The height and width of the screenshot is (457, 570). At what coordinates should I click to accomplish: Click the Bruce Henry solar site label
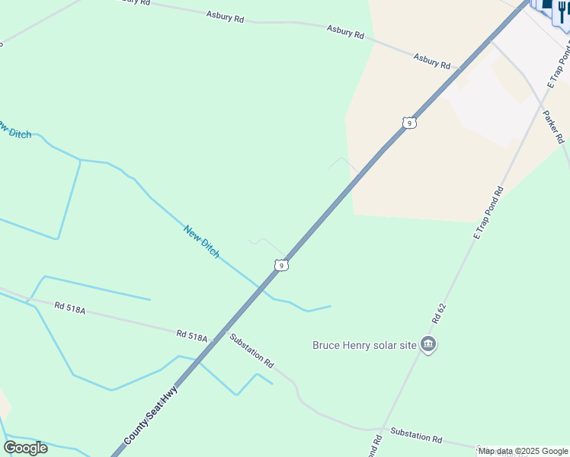point(365,345)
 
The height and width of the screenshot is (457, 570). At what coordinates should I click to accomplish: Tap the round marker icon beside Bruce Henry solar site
point(429,345)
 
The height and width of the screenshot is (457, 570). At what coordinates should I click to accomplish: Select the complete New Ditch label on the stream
point(201,241)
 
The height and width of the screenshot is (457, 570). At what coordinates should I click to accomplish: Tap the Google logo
point(26,447)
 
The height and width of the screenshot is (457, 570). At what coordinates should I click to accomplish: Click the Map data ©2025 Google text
point(523,451)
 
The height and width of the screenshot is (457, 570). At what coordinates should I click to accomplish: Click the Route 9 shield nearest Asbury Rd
point(409,123)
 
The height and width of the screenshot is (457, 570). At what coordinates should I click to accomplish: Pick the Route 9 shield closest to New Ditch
point(282,265)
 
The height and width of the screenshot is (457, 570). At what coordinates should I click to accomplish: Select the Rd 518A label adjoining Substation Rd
point(191,334)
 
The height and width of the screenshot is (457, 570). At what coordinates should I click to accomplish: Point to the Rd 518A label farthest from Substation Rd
point(69,307)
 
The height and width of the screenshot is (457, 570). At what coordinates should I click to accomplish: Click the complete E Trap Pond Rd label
point(488,213)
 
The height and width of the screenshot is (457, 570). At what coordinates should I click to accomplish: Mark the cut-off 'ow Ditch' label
point(15,129)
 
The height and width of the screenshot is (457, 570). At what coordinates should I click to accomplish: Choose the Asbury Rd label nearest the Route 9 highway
point(432,60)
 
